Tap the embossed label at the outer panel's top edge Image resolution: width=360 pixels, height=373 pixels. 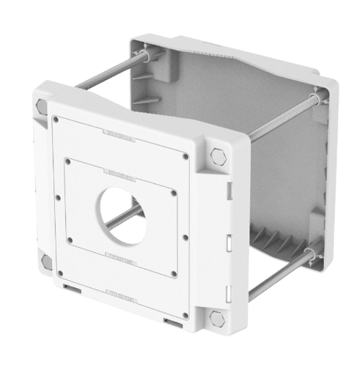[117, 136]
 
